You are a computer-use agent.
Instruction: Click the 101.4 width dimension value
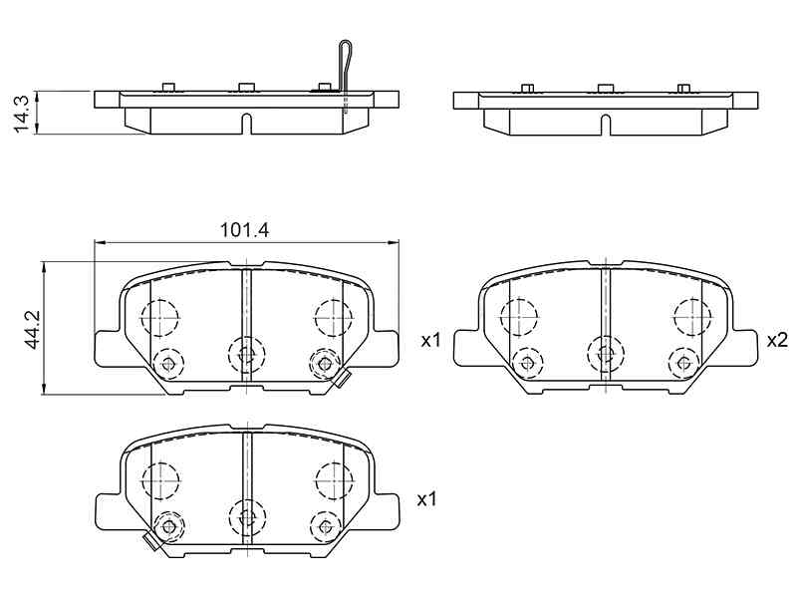tap(244, 230)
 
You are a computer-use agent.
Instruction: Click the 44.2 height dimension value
tap(33, 330)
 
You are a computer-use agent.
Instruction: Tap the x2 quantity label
tap(777, 340)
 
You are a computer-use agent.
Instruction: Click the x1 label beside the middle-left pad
tap(430, 340)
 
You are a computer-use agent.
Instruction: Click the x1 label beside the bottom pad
tap(427, 499)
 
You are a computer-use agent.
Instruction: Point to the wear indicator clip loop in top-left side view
tap(345, 67)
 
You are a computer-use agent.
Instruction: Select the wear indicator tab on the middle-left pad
tap(342, 379)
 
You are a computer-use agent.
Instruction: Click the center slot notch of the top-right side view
tap(606, 126)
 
